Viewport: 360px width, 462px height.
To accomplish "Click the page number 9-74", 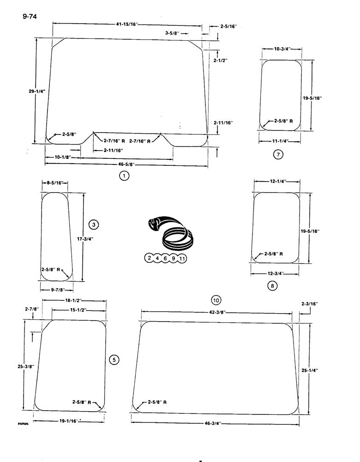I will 29,18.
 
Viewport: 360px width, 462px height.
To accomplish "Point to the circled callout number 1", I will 123,175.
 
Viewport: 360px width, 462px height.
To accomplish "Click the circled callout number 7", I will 277,155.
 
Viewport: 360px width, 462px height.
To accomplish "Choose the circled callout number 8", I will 272,286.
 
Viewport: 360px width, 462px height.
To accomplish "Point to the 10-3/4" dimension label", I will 282,49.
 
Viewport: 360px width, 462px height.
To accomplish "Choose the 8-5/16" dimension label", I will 54,183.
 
